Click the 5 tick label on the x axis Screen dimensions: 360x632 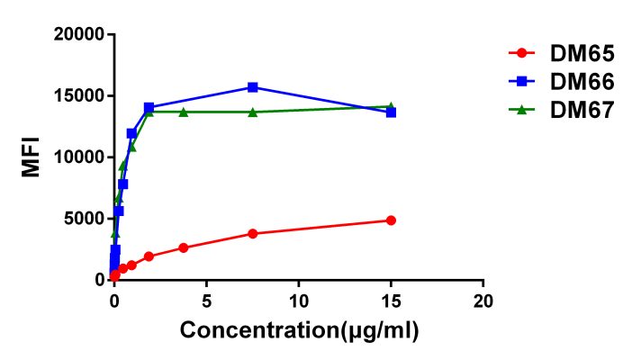[x=206, y=298]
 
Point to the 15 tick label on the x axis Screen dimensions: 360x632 [x=391, y=298]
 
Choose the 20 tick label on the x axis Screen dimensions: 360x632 [x=483, y=298]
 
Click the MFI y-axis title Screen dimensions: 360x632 [x=32, y=157]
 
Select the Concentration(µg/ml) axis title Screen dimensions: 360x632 [x=299, y=330]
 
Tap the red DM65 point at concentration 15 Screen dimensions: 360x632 [x=391, y=220]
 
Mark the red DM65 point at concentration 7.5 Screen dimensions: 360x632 [x=252, y=233]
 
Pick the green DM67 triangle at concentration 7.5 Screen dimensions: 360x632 [x=252, y=112]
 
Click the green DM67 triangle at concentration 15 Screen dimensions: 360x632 [x=391, y=106]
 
